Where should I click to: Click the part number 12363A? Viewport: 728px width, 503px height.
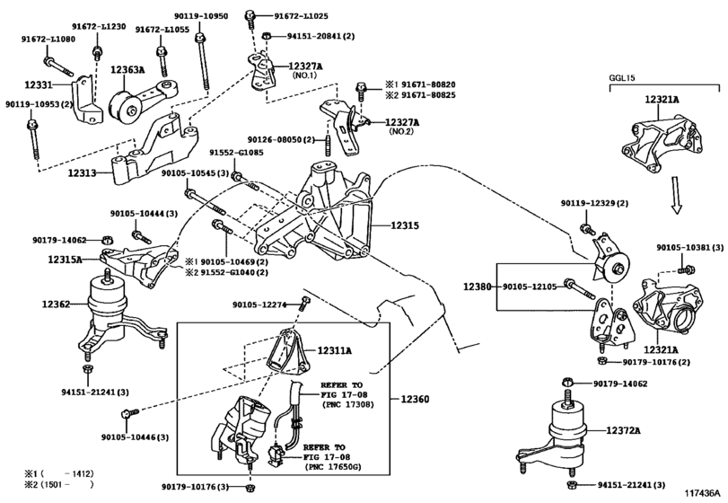point(127,70)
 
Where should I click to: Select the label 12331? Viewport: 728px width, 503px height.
point(38,85)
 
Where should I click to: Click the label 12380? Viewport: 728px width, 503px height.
point(478,287)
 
